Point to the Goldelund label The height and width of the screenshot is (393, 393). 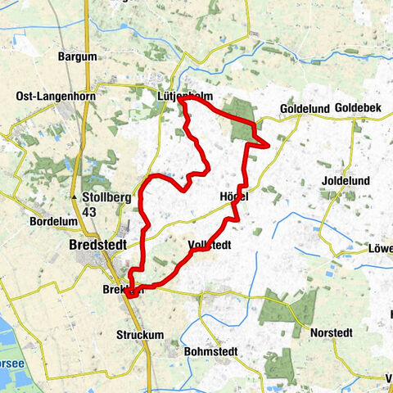[x=303, y=108]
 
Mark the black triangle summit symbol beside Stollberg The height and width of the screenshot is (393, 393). [x=75, y=198]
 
